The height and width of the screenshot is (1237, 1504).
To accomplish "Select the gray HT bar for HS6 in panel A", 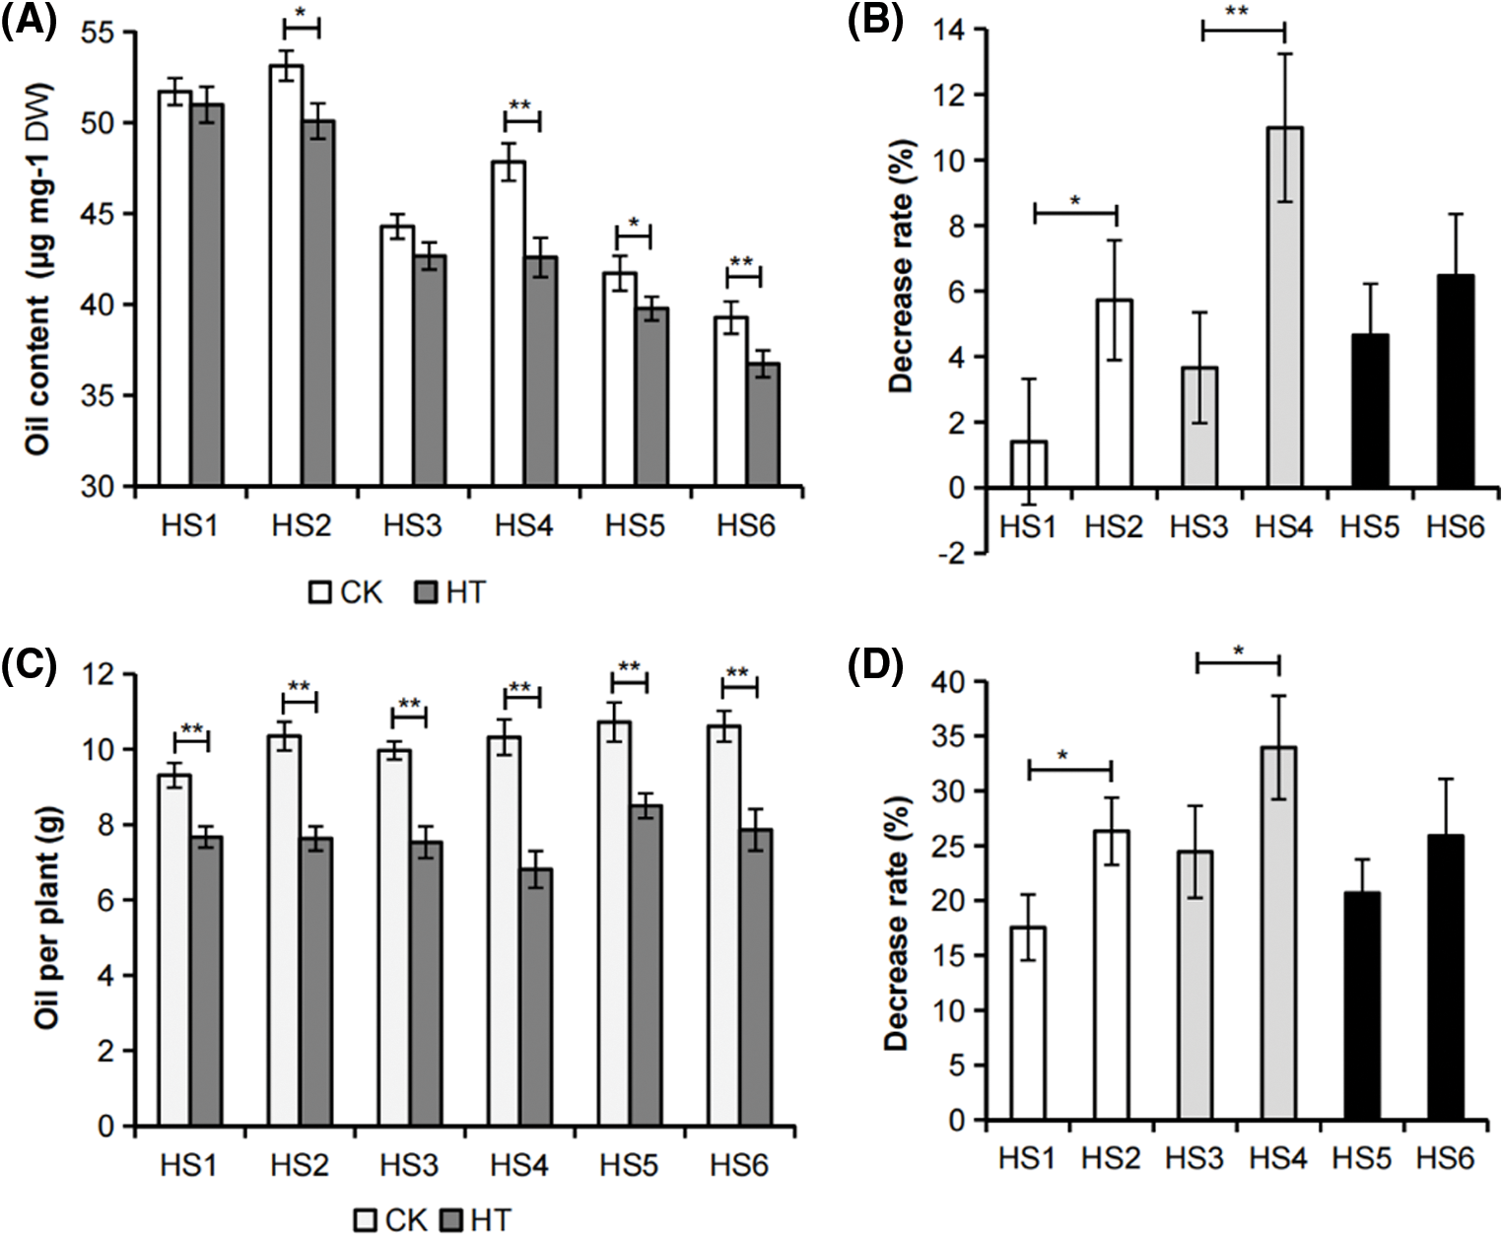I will coord(762,425).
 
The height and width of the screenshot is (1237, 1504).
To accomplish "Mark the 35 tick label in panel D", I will coord(951,736).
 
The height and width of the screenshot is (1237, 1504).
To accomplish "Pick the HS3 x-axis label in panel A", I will coord(413,526).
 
